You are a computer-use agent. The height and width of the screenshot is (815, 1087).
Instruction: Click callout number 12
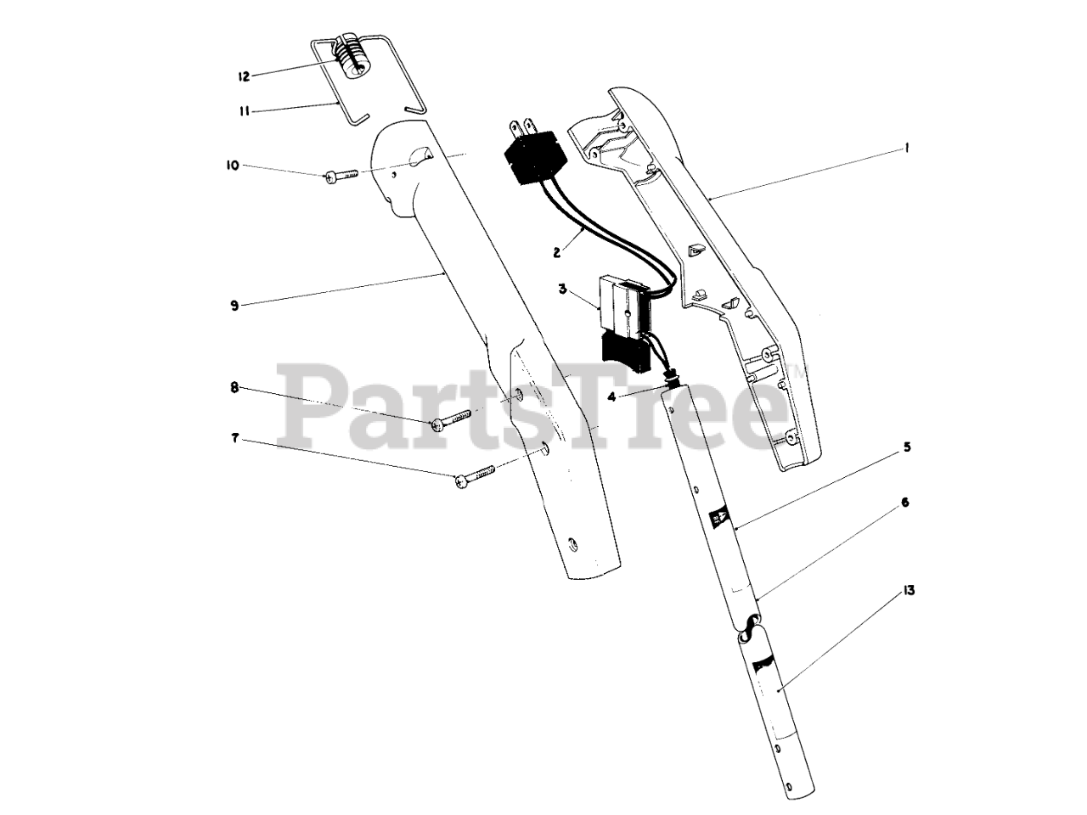(243, 76)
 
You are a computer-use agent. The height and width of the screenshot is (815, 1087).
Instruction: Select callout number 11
(243, 110)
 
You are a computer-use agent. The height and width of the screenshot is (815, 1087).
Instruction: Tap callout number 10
(232, 166)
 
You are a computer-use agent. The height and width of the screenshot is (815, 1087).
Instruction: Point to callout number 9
(234, 306)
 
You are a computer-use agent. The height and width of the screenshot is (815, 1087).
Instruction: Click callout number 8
(234, 388)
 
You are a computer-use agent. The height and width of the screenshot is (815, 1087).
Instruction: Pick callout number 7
(234, 439)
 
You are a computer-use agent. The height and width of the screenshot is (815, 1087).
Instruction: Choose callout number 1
(907, 148)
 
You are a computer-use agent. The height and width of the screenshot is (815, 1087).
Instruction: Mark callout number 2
(556, 251)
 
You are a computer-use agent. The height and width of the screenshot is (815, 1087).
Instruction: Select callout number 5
(907, 446)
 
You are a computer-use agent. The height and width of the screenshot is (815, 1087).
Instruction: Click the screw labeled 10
(341, 175)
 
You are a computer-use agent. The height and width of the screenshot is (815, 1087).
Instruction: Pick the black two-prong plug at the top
(527, 157)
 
